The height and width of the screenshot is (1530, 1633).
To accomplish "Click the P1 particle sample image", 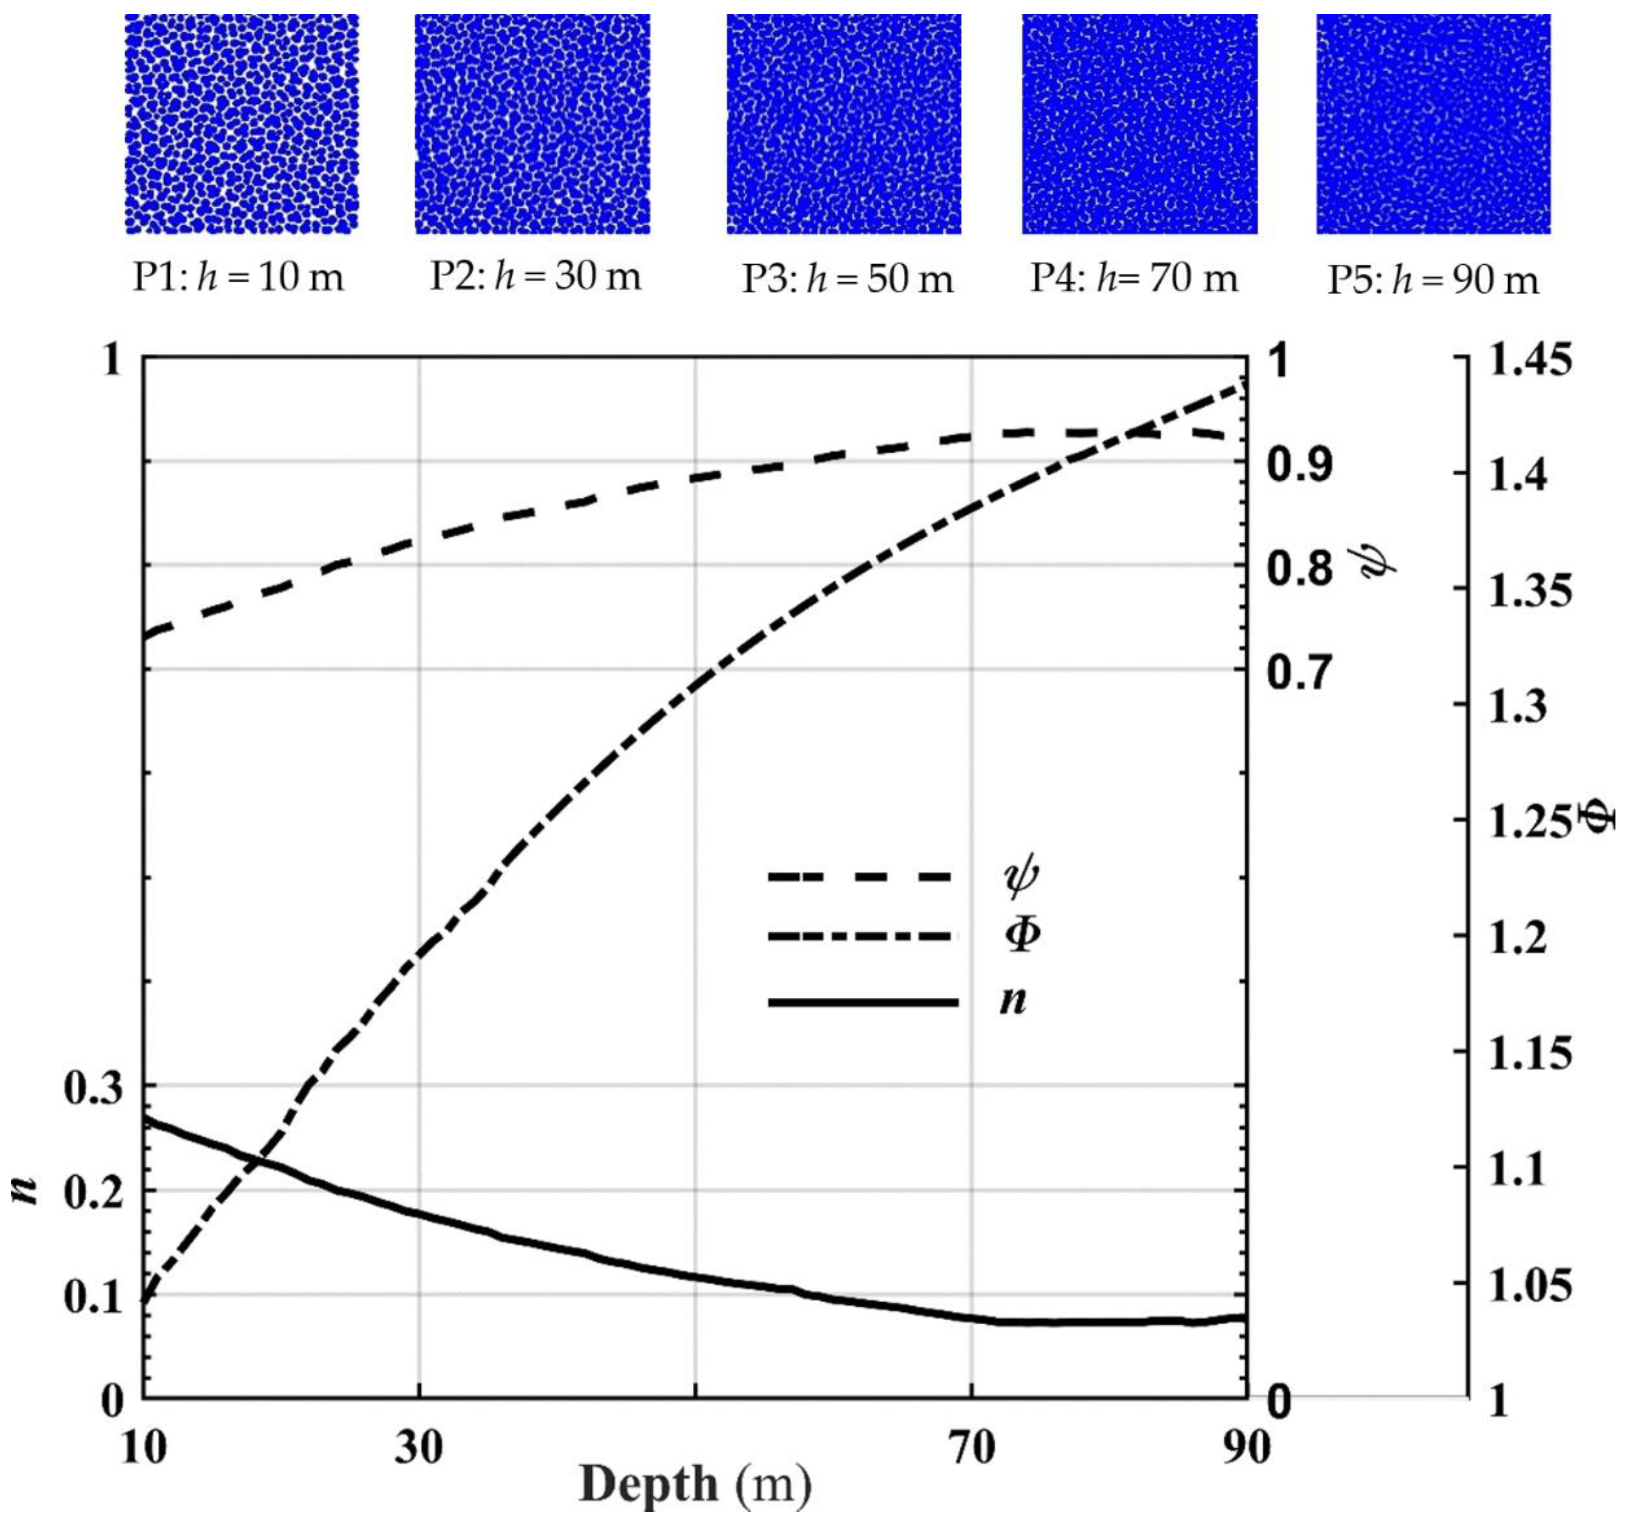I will (241, 124).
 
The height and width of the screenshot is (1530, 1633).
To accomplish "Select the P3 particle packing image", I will (844, 124).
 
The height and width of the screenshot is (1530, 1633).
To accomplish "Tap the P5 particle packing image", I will (1433, 124).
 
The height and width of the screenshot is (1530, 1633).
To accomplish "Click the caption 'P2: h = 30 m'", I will (535, 277).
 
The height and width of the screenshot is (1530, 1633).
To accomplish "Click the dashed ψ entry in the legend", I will (904, 877).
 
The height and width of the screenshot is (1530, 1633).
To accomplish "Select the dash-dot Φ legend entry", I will (904, 936).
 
